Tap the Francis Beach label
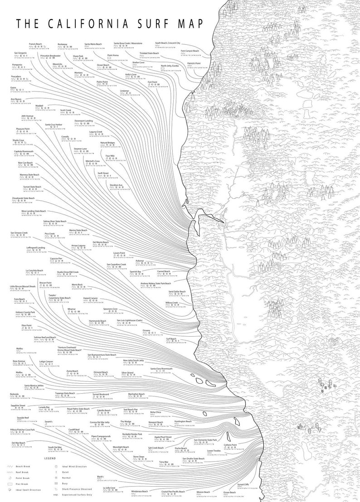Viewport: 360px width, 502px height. point(35,44)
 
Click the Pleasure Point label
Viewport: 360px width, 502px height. point(22,129)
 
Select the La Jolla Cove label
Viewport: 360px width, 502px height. point(109,488)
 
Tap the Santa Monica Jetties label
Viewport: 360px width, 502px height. point(34,386)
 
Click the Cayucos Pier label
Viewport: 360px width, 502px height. point(56,258)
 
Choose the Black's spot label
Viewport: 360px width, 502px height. point(101,477)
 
